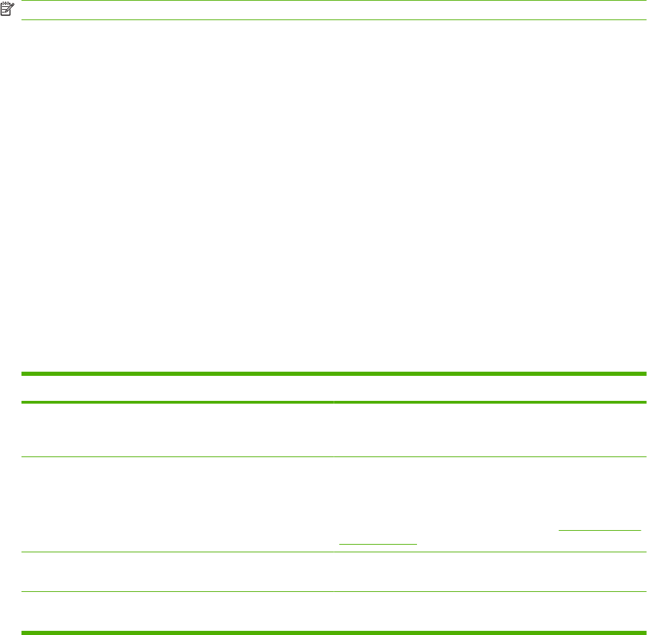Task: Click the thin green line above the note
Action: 334,1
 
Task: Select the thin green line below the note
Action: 334,19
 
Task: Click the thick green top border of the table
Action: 334,374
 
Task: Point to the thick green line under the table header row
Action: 334,402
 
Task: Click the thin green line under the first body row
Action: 334,456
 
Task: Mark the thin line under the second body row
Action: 334,552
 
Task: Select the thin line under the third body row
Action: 334,591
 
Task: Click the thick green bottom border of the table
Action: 334,632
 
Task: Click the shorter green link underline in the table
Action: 377,543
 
